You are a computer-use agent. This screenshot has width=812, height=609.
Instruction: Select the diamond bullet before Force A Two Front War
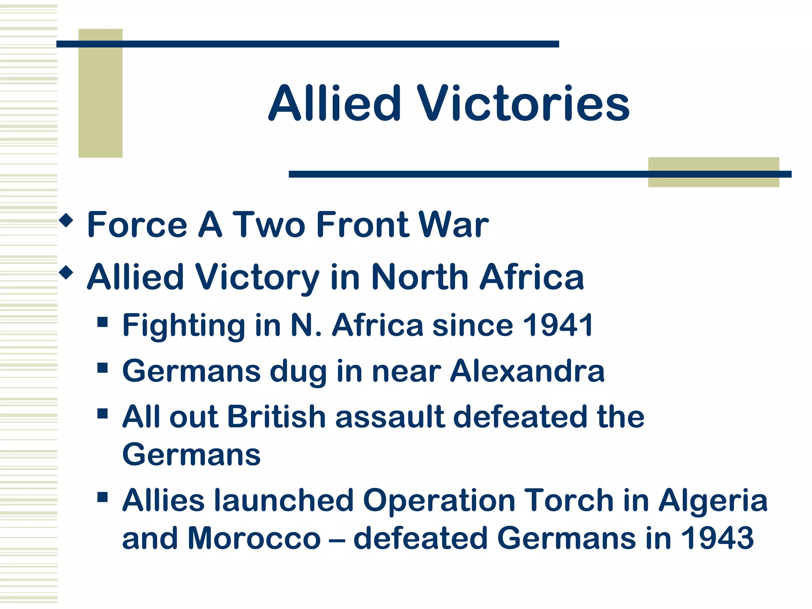point(66,220)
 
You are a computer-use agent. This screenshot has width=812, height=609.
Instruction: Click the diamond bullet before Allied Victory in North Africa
point(66,273)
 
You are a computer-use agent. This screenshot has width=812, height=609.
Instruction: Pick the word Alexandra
point(527,372)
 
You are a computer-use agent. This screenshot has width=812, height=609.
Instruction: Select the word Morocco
point(254,538)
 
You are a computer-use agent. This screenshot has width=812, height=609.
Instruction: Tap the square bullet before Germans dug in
point(103,368)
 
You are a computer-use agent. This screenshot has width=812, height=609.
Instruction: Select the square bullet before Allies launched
point(103,497)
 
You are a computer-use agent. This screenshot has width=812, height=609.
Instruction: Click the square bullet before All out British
point(103,414)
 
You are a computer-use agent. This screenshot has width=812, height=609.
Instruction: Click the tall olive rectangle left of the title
point(100,93)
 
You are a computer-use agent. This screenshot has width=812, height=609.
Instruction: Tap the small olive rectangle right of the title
point(713,172)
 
